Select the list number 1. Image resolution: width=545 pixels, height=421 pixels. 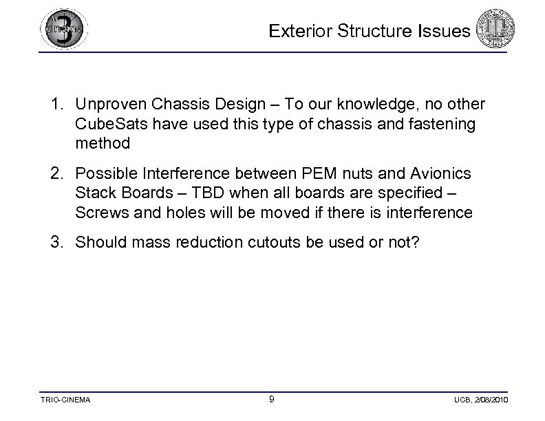(x=56, y=105)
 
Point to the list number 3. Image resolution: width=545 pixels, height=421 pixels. (x=56, y=242)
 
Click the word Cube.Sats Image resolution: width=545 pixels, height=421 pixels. (x=109, y=125)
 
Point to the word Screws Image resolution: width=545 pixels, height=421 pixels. (x=99, y=213)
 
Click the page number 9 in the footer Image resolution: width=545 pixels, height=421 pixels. (x=272, y=400)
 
